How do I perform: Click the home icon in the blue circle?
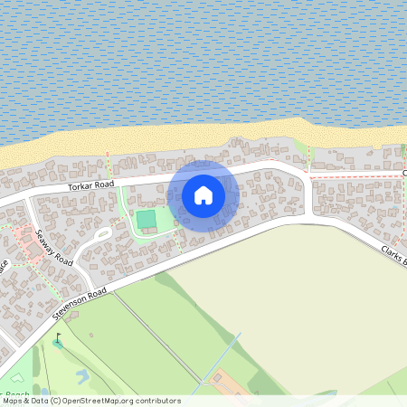pyautogui.click(x=203, y=194)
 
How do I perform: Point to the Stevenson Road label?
pyautogui.click(x=80, y=302)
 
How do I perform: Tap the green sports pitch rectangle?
pyautogui.click(x=146, y=220)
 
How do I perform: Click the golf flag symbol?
pyautogui.click(x=60, y=341)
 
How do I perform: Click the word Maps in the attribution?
pyautogui.click(x=12, y=401)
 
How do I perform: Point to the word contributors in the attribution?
pyautogui.click(x=157, y=401)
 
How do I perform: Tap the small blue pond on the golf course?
pyautogui.click(x=84, y=374)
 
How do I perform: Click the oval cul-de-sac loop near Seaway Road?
pyautogui.click(x=101, y=237)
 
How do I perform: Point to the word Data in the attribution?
pyautogui.click(x=38, y=401)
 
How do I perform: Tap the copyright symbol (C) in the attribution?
pyautogui.click(x=55, y=401)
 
